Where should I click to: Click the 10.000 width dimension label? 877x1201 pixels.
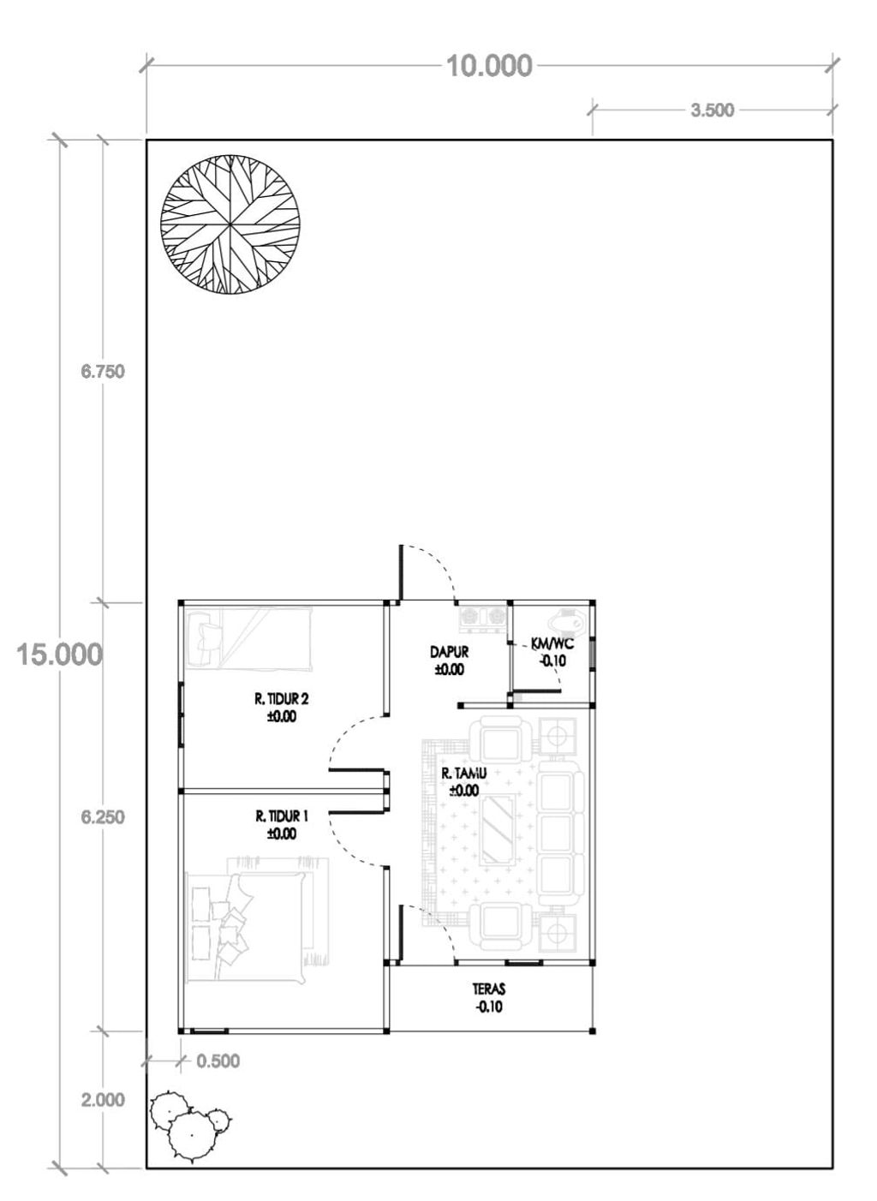(x=489, y=66)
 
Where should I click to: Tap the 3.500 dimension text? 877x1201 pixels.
(x=713, y=110)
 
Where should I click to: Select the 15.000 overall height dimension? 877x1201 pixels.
(x=59, y=654)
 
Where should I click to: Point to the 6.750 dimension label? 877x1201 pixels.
(x=103, y=371)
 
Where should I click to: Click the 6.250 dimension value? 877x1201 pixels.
(x=103, y=817)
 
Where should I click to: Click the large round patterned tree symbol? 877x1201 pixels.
(x=230, y=224)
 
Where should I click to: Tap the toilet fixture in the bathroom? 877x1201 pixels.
(x=568, y=621)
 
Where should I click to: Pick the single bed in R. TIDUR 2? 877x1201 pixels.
(x=248, y=638)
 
